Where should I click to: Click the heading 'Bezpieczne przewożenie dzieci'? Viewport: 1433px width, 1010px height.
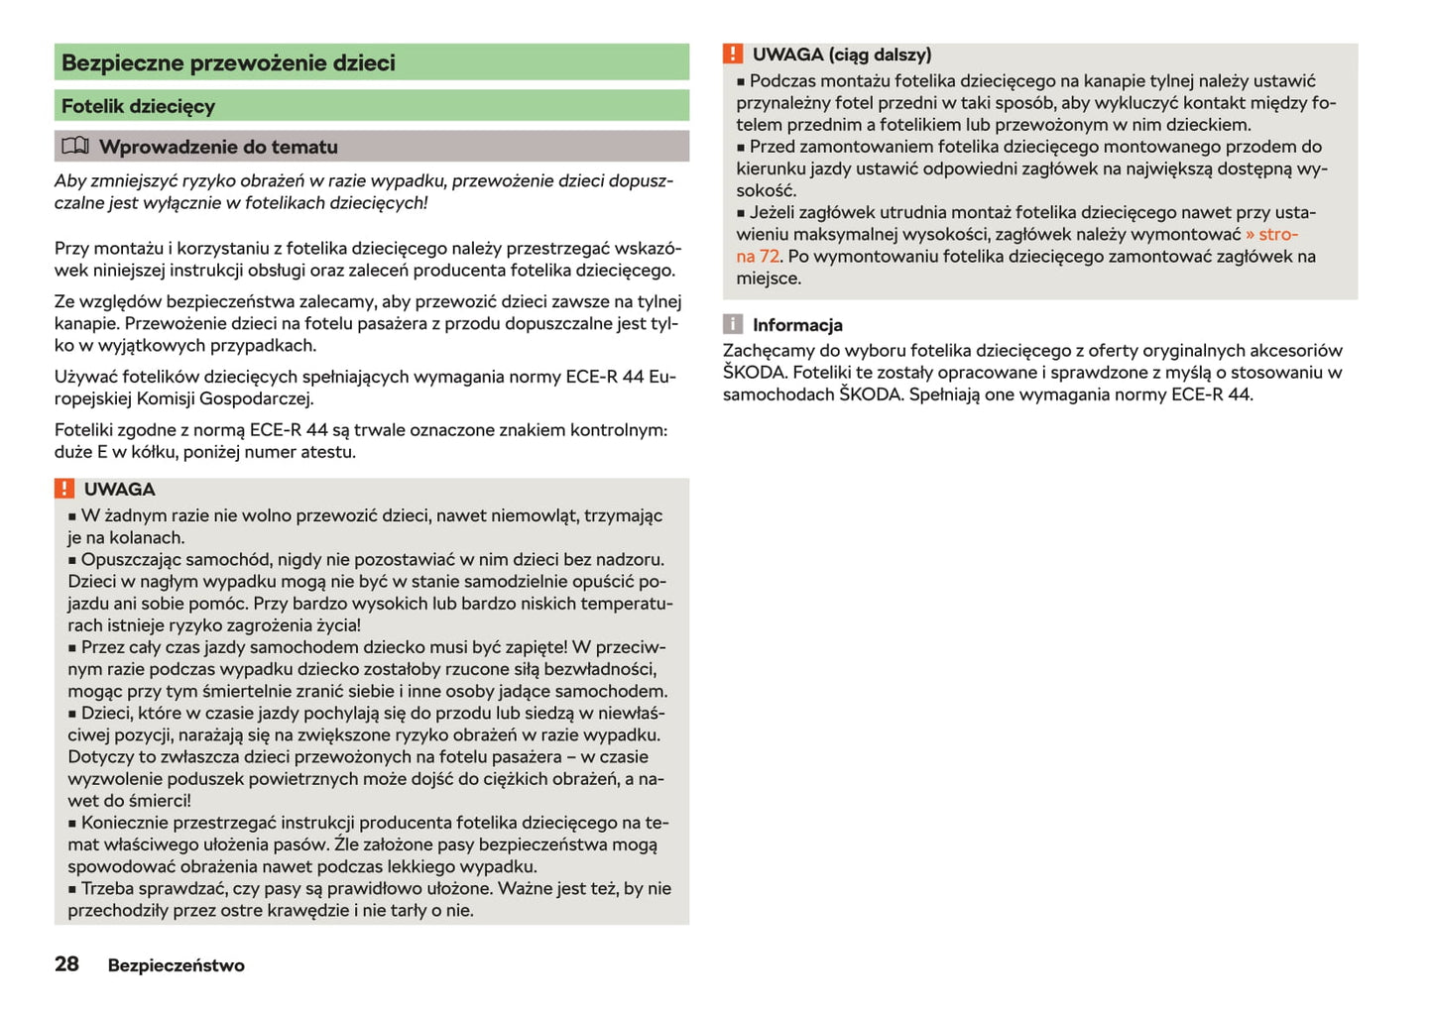pyautogui.click(x=228, y=62)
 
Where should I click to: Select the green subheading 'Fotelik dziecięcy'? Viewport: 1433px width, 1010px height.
pyautogui.click(x=138, y=106)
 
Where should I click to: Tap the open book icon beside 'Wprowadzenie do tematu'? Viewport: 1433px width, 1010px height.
pyautogui.click(x=75, y=147)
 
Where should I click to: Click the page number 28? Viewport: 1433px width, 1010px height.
pyautogui.click(x=66, y=964)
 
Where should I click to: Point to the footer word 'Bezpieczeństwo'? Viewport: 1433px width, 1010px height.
pyautogui.click(x=176, y=965)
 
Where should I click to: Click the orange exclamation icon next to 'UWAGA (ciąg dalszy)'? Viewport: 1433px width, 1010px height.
pyautogui.click(x=733, y=55)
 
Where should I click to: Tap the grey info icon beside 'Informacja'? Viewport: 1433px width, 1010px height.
pyautogui.click(x=733, y=324)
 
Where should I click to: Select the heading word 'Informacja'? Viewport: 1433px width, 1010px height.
pyautogui.click(x=797, y=325)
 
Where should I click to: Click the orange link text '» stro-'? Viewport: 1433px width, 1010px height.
pyautogui.click(x=1271, y=234)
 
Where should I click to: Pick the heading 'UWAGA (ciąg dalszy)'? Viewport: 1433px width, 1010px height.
pyautogui.click(x=841, y=55)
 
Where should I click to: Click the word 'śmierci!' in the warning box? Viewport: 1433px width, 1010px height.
pyautogui.click(x=159, y=801)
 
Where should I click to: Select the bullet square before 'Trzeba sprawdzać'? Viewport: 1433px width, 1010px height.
pyautogui.click(x=72, y=890)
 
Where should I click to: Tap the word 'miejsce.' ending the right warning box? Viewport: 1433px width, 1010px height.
pyautogui.click(x=769, y=279)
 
